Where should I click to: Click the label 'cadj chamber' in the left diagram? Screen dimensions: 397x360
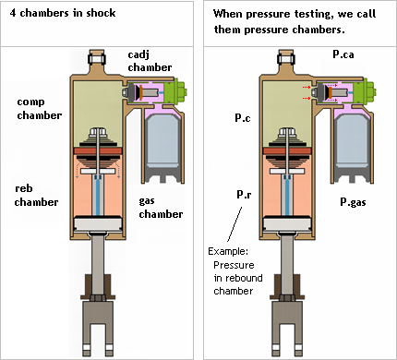(x=150, y=61)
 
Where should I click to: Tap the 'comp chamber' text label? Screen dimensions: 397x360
(x=39, y=108)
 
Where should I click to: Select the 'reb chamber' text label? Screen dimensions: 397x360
(x=36, y=195)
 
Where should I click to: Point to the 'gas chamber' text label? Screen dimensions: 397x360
(x=161, y=207)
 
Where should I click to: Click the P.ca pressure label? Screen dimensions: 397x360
(x=343, y=54)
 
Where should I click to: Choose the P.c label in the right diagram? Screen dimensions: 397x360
(x=243, y=118)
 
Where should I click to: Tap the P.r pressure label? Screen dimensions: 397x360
(x=244, y=194)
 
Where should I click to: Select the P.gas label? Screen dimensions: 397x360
(x=353, y=202)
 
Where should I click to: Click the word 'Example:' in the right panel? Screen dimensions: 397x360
(x=228, y=251)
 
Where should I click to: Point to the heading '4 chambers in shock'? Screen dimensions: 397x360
(x=63, y=13)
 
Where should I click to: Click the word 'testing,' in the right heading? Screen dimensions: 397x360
(x=312, y=14)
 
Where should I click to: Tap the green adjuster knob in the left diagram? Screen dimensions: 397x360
(x=175, y=91)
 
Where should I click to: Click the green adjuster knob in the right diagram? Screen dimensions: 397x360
(x=365, y=91)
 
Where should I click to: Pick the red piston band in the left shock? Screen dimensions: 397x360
(x=98, y=150)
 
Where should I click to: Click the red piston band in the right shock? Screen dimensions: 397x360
(x=287, y=150)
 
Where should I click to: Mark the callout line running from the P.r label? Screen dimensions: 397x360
(x=235, y=224)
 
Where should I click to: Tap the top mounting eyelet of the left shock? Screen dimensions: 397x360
(x=97, y=58)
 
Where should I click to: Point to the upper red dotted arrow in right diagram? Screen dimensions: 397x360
(x=307, y=88)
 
